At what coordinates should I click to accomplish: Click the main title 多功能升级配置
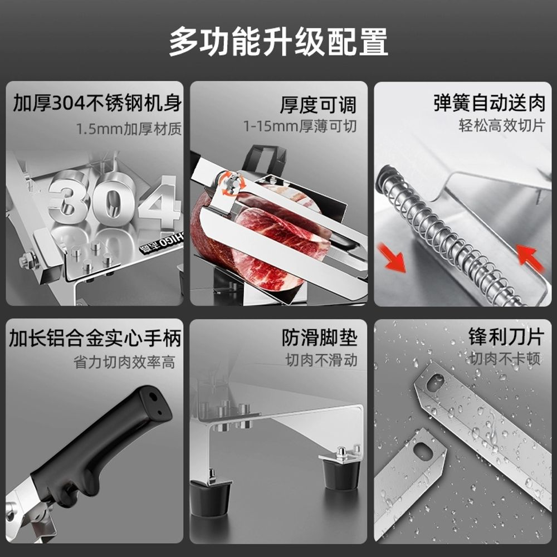click(x=278, y=42)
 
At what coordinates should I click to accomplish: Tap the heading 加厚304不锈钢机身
click(x=97, y=104)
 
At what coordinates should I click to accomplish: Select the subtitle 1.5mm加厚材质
click(x=129, y=129)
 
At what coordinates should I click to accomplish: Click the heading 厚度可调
click(x=317, y=105)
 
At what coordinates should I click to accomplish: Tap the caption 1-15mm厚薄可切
click(x=300, y=126)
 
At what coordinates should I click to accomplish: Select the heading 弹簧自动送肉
click(x=489, y=103)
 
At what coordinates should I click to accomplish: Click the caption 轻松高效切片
click(x=502, y=126)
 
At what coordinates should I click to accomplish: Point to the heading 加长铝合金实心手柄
click(x=95, y=338)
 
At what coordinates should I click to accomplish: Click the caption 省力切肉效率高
click(x=124, y=363)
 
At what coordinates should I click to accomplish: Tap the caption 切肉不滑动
click(x=321, y=360)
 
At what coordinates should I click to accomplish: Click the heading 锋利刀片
click(x=506, y=336)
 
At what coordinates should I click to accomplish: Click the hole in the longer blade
click(x=435, y=382)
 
